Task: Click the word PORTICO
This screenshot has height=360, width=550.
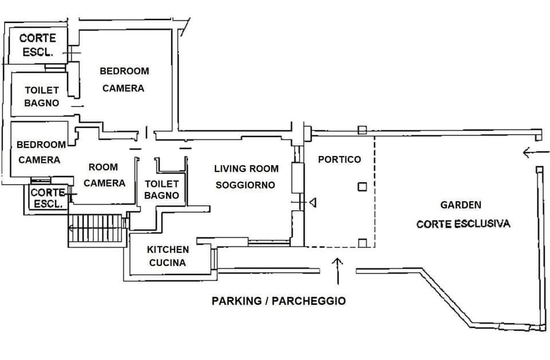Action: (339, 159)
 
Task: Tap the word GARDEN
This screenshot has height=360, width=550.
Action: (461, 205)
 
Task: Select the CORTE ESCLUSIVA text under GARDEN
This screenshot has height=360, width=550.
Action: (463, 224)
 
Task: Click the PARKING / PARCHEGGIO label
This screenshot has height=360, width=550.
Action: (278, 300)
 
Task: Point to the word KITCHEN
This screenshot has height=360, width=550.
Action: (168, 249)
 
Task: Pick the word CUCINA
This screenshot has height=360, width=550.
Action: (167, 263)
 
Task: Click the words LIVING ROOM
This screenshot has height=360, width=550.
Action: (246, 169)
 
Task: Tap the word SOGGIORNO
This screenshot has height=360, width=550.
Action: (245, 185)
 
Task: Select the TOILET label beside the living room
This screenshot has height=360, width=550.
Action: (162, 184)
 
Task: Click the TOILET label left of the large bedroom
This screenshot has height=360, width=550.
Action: (41, 90)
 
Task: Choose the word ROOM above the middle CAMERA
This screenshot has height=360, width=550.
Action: (103, 167)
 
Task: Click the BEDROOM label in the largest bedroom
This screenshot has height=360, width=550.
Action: (124, 71)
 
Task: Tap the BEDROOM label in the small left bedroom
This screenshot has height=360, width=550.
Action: (41, 144)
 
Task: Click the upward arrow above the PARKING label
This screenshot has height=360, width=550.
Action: (338, 269)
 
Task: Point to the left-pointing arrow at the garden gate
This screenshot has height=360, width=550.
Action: (531, 152)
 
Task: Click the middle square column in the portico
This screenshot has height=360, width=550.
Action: (362, 186)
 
